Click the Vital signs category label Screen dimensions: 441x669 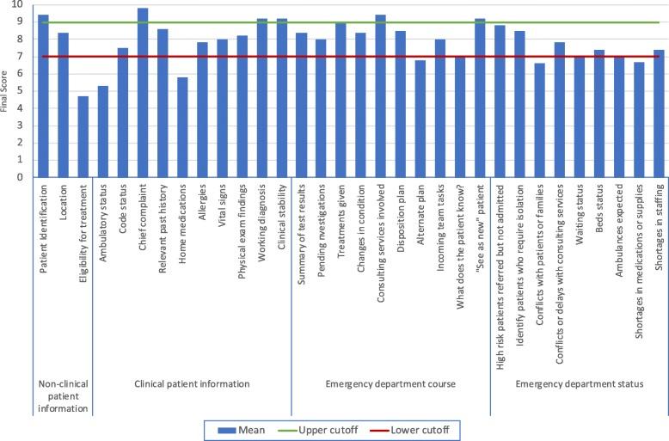tap(222, 206)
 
